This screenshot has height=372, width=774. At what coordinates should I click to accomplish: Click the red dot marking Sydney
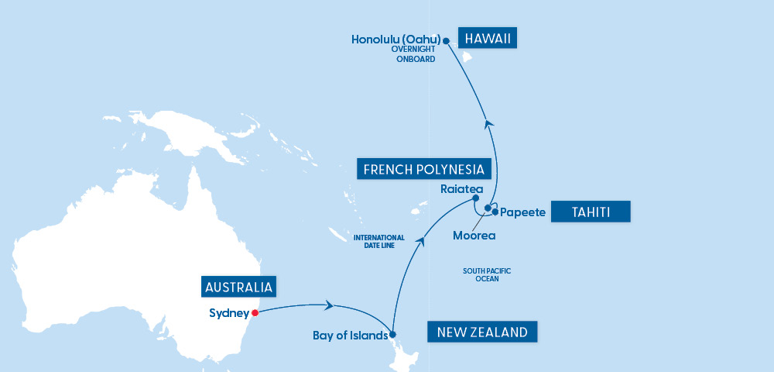254,313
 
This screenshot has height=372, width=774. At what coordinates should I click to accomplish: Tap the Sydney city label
229,313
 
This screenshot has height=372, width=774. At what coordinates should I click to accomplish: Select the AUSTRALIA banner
239,288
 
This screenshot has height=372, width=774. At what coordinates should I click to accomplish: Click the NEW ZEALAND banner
482,332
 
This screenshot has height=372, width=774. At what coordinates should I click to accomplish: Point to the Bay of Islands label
349,336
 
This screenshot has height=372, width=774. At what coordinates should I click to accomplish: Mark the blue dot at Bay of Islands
392,335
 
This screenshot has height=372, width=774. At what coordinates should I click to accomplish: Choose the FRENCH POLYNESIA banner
424,169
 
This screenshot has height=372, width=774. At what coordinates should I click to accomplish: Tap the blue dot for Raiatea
476,198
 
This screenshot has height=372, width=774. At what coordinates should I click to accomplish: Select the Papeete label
523,212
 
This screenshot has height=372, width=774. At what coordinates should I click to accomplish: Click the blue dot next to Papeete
495,212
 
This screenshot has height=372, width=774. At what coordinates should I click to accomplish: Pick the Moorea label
474,235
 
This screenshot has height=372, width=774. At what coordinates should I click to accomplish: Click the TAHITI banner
591,212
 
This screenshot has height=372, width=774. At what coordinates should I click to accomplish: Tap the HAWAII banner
488,39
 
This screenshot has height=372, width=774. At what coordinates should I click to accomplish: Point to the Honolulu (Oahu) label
396,40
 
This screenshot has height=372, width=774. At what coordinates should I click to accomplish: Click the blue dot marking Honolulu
446,40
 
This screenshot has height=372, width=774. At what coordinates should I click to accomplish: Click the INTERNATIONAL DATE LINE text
379,241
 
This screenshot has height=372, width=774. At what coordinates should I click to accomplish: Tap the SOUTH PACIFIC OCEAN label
487,274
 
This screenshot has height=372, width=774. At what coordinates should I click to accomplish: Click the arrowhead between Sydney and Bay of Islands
330,305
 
